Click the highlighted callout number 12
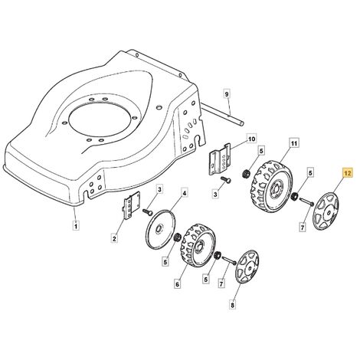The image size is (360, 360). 347,174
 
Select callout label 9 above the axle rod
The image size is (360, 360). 227,94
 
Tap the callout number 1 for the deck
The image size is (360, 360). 76,226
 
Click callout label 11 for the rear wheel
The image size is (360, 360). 294,143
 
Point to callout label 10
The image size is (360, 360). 252,139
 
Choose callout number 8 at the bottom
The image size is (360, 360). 232,305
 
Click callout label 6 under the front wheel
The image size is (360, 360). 178,284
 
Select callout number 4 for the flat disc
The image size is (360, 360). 185,193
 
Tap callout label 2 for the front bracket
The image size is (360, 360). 114,239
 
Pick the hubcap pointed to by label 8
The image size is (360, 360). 247,267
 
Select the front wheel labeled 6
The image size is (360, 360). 198,246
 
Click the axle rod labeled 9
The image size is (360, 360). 222,113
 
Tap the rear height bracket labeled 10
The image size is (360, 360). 220,160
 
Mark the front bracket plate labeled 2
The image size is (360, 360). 131,205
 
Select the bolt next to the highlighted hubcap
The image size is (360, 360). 307,201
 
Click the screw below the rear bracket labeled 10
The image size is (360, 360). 226,180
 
